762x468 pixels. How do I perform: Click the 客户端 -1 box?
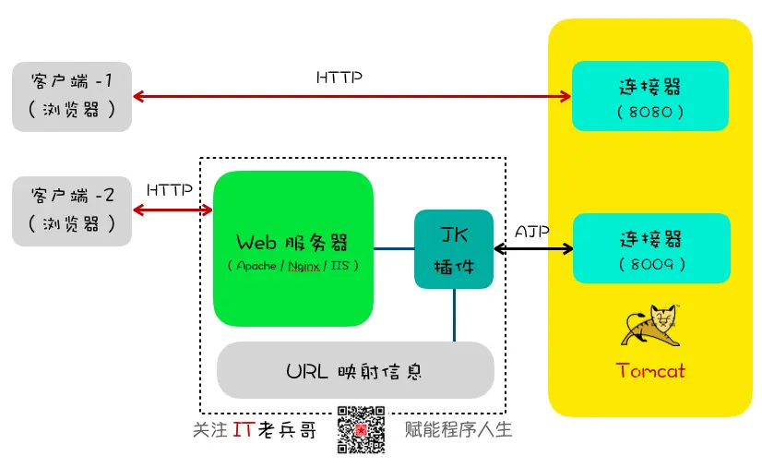click(72, 96)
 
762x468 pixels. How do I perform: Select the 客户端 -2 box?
click(72, 211)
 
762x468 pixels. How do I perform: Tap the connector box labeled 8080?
click(650, 96)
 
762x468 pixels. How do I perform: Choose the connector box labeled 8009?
click(651, 248)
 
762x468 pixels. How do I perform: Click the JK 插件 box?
click(454, 249)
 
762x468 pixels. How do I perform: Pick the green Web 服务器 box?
click(293, 248)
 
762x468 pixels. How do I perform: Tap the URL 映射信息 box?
click(355, 370)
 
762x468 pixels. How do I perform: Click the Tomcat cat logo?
click(650, 325)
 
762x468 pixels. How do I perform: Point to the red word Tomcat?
click(650, 371)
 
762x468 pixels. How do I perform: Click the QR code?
click(361, 430)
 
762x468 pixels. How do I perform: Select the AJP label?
click(532, 232)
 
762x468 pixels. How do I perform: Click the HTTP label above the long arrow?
click(339, 78)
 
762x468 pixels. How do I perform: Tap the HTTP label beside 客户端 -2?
click(170, 190)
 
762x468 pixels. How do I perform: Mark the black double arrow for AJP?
click(533, 249)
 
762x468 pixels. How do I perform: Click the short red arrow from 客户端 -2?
click(173, 210)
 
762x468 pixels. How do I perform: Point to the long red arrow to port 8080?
click(351, 96)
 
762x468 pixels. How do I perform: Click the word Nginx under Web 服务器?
click(304, 266)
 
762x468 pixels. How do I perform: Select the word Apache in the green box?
click(256, 266)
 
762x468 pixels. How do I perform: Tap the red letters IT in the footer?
click(243, 429)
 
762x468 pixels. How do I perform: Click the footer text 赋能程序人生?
click(458, 429)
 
